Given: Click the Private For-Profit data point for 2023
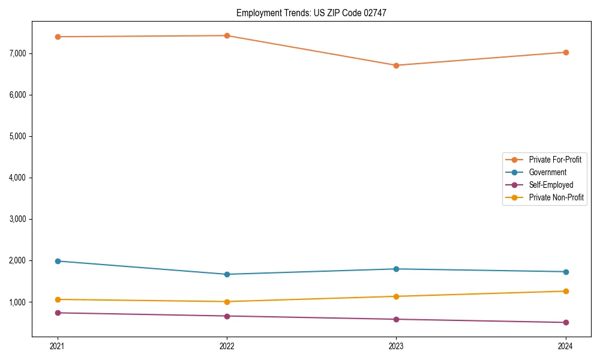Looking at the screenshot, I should pos(396,65).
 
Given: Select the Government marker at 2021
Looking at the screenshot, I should pos(58,261).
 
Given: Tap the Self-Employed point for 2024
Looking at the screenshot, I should pos(565,323).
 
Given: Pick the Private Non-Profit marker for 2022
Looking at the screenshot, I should pos(227,302).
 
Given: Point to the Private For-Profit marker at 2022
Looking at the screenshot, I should pos(227,35).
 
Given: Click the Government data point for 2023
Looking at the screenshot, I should pos(396,269).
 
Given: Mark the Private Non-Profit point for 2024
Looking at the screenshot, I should pos(565,292).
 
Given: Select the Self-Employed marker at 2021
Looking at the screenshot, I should pos(58,313).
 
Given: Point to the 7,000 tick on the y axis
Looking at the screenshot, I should pos(18,53).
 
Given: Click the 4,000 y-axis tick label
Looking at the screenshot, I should pos(18,178).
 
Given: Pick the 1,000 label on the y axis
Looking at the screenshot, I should pos(18,302).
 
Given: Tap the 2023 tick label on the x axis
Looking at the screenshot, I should pos(396,346).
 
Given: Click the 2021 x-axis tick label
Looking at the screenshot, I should pos(58,346).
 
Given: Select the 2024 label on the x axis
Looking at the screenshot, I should pos(565,346).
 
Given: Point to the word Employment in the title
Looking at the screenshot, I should pos(256,13).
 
